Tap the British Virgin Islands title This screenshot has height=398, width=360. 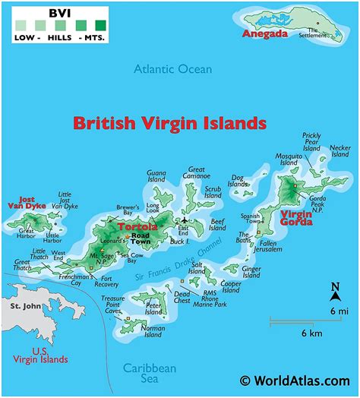click(x=169, y=122)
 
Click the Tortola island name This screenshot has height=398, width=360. click(x=137, y=226)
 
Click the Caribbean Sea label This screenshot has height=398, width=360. click(x=150, y=373)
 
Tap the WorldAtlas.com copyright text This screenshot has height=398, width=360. click(x=295, y=381)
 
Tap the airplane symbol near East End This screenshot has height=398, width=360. click(x=183, y=222)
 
